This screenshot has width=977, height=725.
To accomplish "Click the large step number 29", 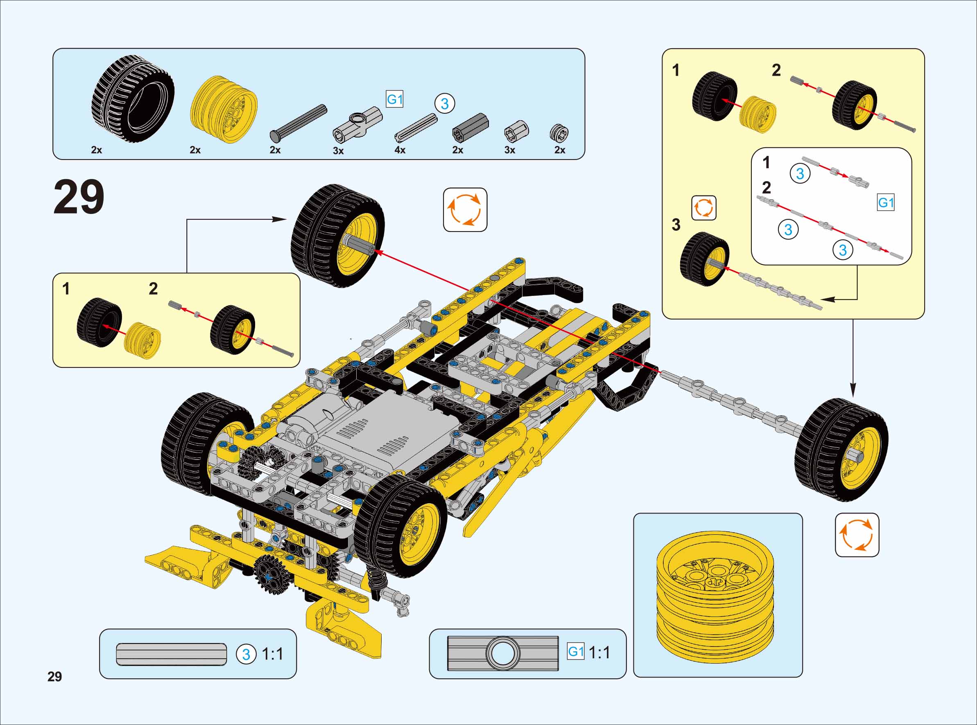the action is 79,197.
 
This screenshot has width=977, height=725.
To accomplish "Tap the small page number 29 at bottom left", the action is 55,676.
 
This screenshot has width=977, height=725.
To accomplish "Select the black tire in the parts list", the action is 133,98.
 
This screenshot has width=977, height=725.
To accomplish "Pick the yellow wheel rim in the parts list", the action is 224,109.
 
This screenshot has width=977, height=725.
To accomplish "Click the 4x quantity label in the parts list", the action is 400,150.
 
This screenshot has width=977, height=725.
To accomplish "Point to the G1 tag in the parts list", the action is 395,99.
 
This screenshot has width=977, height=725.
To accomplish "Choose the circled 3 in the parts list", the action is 444,104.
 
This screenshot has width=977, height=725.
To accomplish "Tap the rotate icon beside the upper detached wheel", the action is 465,210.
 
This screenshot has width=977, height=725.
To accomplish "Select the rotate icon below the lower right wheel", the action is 857,535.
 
